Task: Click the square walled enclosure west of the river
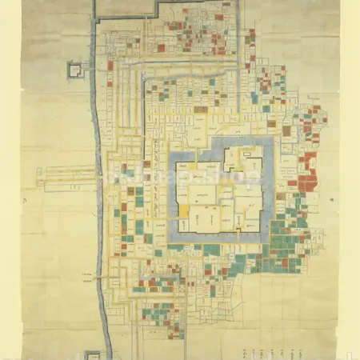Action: click(x=76, y=70)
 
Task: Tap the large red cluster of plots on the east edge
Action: click(x=305, y=175)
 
